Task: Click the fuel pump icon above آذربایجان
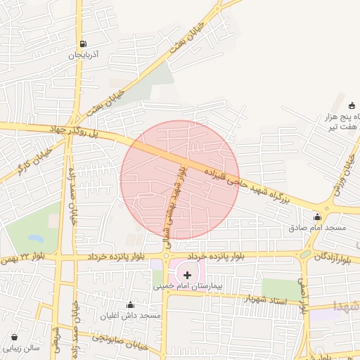(x=84, y=43)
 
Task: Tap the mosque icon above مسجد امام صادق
(x=317, y=217)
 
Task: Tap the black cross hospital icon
(x=186, y=274)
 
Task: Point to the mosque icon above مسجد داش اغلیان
(x=130, y=304)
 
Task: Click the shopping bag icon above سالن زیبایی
(x=15, y=336)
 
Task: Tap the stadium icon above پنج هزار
(x=352, y=105)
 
